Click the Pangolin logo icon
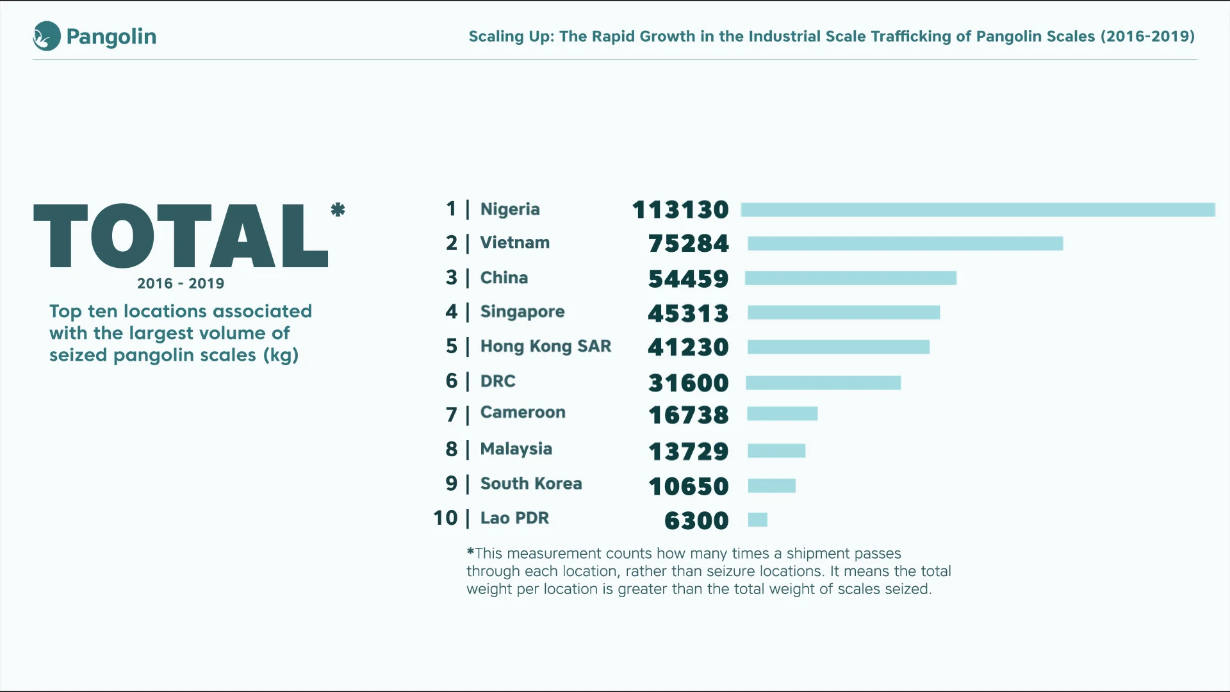(x=47, y=37)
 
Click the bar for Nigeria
(x=978, y=210)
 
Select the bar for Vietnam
(x=905, y=243)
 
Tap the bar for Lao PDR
(x=757, y=520)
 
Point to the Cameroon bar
(x=782, y=414)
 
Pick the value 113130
(x=680, y=210)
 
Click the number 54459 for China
(x=688, y=279)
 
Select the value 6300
(x=696, y=520)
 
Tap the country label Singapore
(x=522, y=312)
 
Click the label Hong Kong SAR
(x=546, y=346)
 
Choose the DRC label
(x=498, y=381)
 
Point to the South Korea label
(x=531, y=484)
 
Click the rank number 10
(x=445, y=518)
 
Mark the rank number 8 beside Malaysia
(x=452, y=449)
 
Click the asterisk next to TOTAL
(x=338, y=210)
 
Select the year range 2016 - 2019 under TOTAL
(x=181, y=283)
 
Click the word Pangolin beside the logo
(x=111, y=37)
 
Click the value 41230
(x=688, y=347)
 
